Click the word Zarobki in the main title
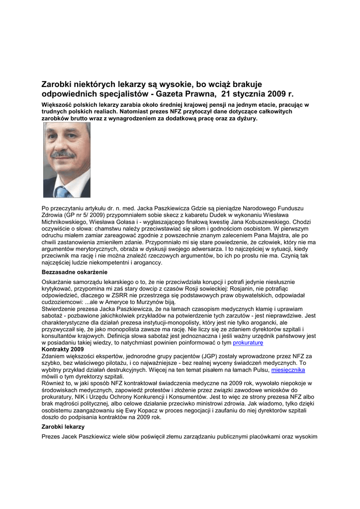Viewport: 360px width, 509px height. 58,85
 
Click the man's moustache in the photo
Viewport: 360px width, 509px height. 63,155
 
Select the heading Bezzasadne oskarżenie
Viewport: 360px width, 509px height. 75,272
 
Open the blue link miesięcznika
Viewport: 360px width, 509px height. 288,370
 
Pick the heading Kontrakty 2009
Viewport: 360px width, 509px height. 63,349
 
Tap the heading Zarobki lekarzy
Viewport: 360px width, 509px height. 63,427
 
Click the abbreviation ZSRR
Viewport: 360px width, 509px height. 117,295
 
